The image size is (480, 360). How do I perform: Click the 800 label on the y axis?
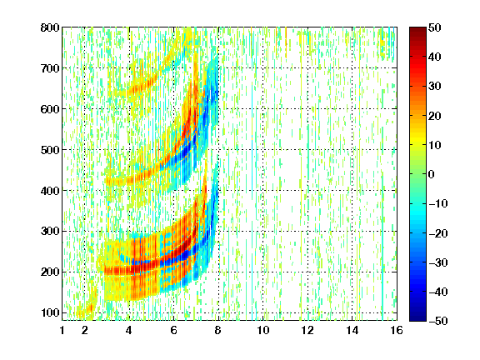[50, 27]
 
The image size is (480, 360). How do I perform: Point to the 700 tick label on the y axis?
[50, 68]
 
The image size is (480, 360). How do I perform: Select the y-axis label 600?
[50, 109]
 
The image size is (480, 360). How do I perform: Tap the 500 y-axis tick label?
[50, 150]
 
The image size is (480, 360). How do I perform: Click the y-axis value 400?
[50, 191]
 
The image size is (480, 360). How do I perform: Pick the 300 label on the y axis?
[50, 231]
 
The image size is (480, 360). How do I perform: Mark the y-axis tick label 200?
[50, 272]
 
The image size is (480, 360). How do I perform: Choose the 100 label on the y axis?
[50, 312]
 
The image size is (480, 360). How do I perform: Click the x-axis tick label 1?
[62, 330]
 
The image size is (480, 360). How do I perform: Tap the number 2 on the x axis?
[85, 330]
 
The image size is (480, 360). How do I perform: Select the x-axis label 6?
[174, 330]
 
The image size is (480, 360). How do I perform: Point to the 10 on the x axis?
[263, 330]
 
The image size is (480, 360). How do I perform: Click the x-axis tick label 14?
[352, 330]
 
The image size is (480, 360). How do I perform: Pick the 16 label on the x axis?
[397, 330]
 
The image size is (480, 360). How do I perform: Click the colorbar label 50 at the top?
[435, 27]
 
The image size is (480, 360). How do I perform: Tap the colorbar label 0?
[432, 174]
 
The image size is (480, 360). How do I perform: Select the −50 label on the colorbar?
[438, 321]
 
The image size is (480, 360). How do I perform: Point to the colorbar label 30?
[435, 86]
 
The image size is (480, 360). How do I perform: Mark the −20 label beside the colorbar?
[438, 233]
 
